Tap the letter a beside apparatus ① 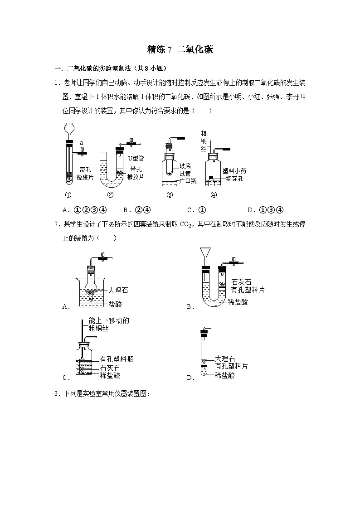pos(82,143)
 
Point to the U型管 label pos(136,158)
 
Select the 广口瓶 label pos(187,181)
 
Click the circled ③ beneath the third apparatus pos(170,195)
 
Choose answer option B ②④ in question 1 pos(136,210)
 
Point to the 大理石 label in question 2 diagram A pos(118,289)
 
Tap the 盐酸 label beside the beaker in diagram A pos(115,304)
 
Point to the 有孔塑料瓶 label pos(117,359)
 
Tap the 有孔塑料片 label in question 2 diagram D pos(231,366)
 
